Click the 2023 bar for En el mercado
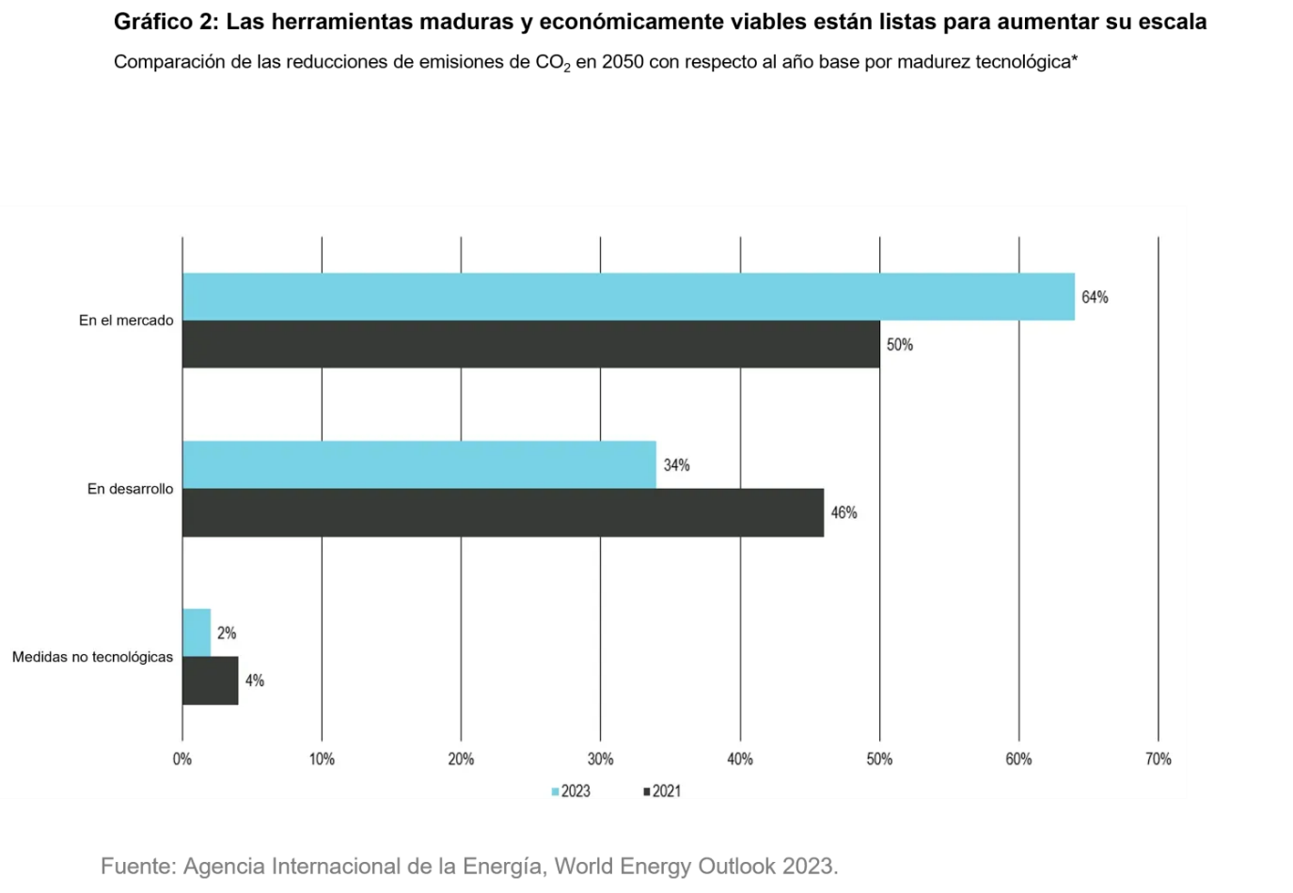tap(628, 297)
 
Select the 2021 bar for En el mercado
tap(530, 344)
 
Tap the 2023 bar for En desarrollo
tap(418, 464)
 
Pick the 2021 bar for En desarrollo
tap(502, 512)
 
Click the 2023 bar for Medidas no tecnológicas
tap(197, 633)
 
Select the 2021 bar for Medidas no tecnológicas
tap(210, 681)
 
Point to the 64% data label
tap(1095, 297)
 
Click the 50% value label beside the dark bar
tap(900, 345)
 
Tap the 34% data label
tap(676, 465)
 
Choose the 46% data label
tap(844, 512)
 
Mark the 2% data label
tap(227, 634)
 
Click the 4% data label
tap(255, 681)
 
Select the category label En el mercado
tap(126, 321)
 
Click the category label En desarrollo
tap(130, 489)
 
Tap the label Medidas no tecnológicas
tap(92, 657)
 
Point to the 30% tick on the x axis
tap(600, 759)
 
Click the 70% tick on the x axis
tap(1158, 759)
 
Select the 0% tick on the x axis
tap(182, 759)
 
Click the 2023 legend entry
tap(571, 791)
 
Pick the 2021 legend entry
tap(662, 791)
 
